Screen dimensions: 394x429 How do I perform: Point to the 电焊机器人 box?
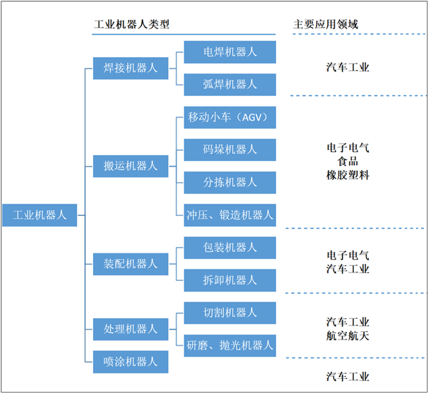point(230,52)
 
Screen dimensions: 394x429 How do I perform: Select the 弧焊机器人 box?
point(230,84)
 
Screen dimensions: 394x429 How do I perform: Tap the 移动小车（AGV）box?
point(230,117)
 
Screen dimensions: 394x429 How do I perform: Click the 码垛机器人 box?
point(230,149)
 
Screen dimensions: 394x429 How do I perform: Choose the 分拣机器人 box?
point(230,182)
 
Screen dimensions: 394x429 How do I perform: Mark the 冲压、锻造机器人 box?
point(230,214)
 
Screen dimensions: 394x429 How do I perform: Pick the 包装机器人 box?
point(230,247)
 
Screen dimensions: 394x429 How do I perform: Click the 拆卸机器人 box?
point(230,279)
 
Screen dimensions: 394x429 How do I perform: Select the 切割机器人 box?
point(230,312)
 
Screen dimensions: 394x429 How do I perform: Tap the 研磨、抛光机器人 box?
point(230,345)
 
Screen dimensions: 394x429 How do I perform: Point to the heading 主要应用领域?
point(325,24)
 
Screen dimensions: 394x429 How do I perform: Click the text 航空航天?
point(348,335)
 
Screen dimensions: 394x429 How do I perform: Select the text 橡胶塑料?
point(348,174)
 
